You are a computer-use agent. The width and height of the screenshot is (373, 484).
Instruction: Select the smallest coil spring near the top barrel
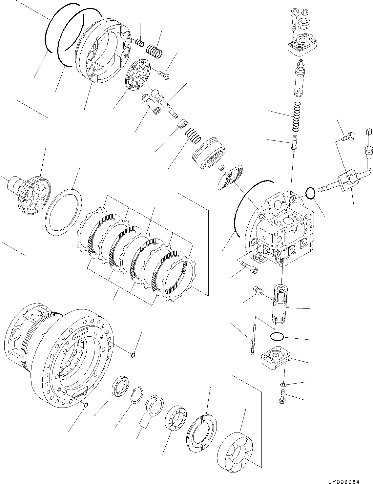[140, 43]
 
